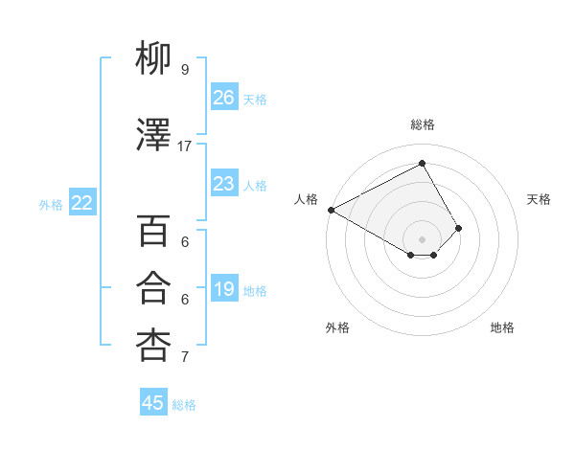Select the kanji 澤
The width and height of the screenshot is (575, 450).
click(153, 137)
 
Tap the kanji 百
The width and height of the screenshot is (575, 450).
click(153, 231)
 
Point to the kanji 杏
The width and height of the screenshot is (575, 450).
click(153, 344)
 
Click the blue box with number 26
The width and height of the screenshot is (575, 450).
click(224, 98)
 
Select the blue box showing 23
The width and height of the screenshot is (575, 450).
click(224, 184)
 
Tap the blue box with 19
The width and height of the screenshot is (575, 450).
click(224, 289)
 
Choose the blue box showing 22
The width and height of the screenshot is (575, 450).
click(82, 202)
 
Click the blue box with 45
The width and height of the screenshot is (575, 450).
click(153, 403)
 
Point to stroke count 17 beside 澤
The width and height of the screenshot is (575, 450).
click(185, 146)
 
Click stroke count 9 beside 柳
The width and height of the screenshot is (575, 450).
click(185, 69)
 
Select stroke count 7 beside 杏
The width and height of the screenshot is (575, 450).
click(185, 357)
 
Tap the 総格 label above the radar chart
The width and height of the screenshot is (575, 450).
click(422, 124)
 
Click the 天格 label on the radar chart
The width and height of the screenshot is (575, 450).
click(539, 199)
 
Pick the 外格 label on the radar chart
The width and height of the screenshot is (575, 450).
click(337, 327)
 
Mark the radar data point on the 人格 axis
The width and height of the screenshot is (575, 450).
click(331, 210)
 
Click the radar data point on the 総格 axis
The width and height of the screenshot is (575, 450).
click(422, 163)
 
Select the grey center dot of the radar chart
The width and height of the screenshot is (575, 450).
click(422, 238)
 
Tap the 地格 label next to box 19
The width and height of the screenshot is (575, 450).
click(255, 290)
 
